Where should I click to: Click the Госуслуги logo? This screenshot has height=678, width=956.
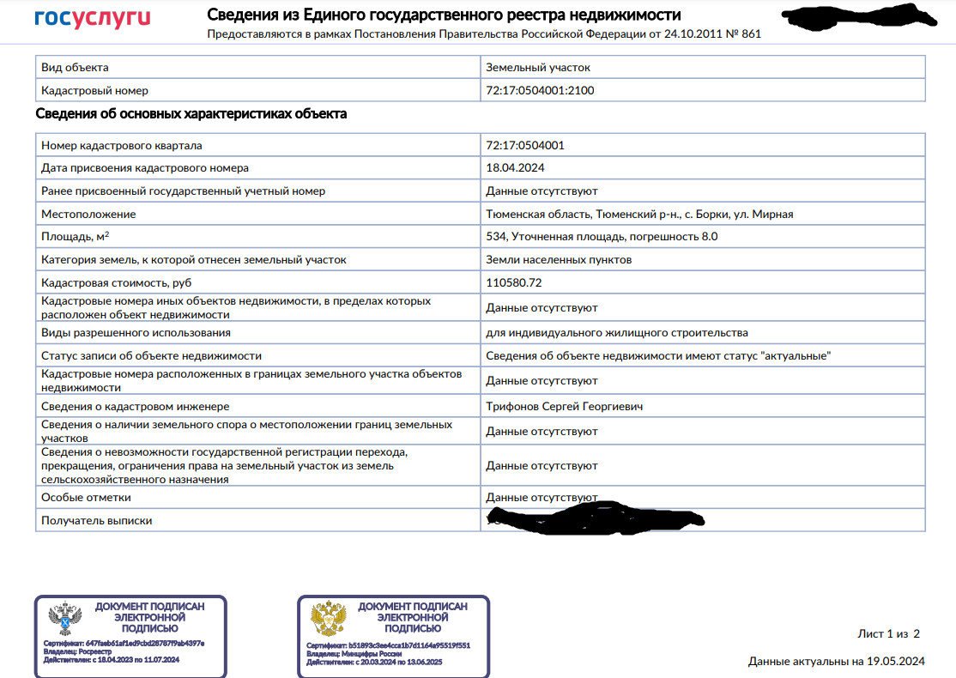92,18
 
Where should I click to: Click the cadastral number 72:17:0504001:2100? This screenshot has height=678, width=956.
540,90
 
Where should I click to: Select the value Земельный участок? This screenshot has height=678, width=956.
538,67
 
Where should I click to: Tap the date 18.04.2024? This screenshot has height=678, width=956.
515,168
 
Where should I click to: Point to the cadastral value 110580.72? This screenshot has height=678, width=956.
514,282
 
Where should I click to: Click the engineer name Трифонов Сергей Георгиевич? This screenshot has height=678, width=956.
564,406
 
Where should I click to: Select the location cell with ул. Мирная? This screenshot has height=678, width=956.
639,214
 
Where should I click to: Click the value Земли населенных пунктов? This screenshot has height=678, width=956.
559,259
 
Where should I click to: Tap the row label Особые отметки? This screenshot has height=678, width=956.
86,497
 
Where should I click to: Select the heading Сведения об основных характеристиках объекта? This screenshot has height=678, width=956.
191,114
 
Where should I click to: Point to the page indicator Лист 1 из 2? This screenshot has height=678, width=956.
888,634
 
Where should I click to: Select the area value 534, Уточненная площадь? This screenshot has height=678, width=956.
602,237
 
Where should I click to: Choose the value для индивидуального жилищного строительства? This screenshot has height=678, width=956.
616,332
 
